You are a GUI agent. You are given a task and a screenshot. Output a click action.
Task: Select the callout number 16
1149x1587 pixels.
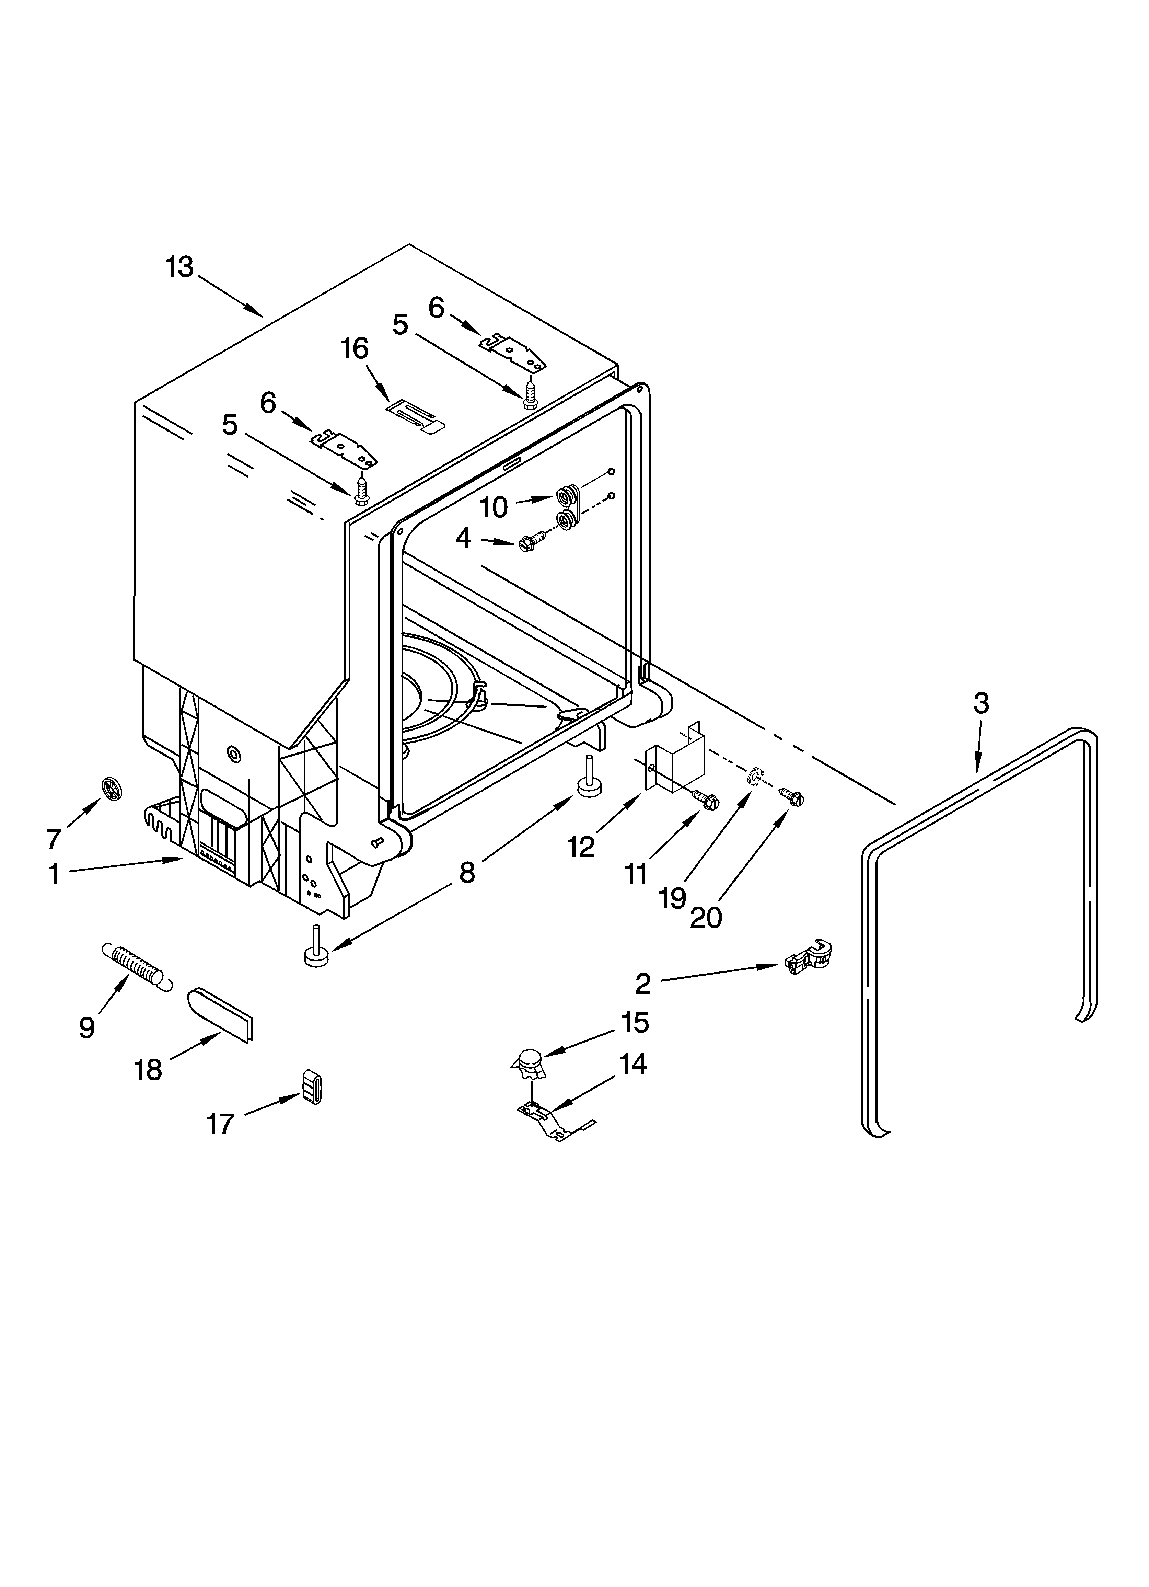coord(355,348)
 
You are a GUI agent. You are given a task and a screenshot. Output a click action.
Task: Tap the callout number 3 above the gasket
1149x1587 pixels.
coord(981,703)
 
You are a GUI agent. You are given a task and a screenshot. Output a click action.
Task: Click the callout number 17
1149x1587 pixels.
coord(220,1125)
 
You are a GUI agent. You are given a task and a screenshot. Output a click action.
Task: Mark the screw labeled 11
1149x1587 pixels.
coord(704,799)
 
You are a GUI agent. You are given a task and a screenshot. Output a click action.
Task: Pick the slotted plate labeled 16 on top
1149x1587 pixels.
coord(416,418)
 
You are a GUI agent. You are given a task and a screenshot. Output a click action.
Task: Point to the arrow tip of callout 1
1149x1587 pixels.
coord(183,859)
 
